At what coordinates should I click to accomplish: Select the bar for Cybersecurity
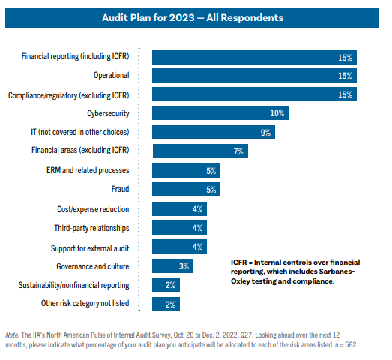(x=220, y=113)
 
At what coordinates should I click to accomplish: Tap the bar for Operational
(x=254, y=75)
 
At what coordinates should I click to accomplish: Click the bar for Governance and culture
(x=172, y=265)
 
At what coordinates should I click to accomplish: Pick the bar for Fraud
(x=186, y=189)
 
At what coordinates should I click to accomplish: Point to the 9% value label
(x=265, y=132)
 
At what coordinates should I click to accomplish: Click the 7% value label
(x=238, y=151)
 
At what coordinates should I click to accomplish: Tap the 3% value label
(x=184, y=265)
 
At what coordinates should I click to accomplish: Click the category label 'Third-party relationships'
(x=91, y=227)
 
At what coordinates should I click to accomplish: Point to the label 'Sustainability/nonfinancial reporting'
(x=74, y=285)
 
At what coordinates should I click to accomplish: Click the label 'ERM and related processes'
(x=88, y=170)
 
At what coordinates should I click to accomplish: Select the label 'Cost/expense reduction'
(x=93, y=208)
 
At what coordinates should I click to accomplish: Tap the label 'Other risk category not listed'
(x=85, y=304)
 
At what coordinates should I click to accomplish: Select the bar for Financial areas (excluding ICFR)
(x=199, y=151)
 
